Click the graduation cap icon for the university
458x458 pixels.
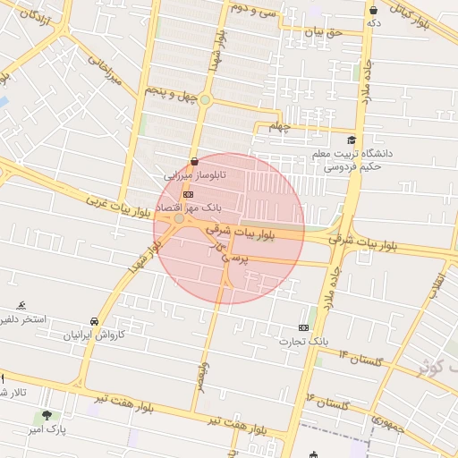click(352, 140)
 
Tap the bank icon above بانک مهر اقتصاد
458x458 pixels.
click(188, 194)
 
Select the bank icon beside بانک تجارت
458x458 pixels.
click(304, 328)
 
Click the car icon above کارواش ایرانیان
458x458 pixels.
click(95, 321)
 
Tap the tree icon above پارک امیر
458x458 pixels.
click(47, 415)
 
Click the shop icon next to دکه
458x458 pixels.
click(372, 11)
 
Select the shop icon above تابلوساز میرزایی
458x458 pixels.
click(194, 162)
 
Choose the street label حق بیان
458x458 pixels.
click(323, 32)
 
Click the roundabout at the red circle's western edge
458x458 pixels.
click(179, 218)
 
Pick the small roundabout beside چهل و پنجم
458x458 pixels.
click(205, 99)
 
